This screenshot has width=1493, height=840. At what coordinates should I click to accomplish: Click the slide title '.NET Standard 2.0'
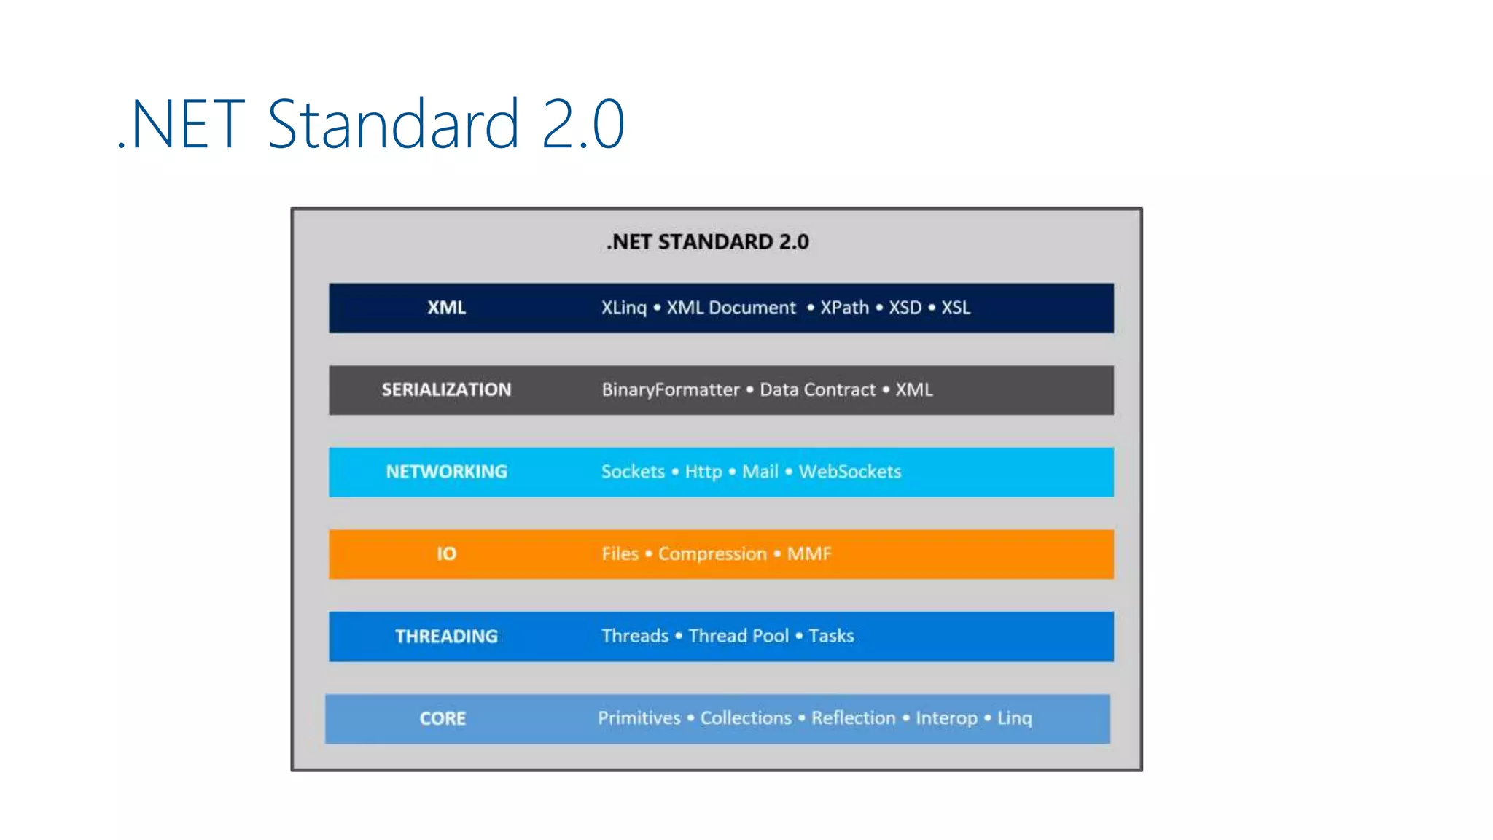(370, 124)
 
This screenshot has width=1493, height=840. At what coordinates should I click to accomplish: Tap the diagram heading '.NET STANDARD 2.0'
(707, 242)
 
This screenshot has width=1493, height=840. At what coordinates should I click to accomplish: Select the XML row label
(446, 308)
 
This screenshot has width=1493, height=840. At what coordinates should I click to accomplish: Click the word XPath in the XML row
(844, 308)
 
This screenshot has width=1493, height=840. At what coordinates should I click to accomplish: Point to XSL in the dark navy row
(955, 308)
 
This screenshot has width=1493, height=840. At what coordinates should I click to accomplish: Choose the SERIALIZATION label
(446, 390)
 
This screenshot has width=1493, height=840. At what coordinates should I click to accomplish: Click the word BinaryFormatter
(670, 390)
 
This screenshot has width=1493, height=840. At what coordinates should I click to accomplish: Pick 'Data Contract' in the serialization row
(817, 390)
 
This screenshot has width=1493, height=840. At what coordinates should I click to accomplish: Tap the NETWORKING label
(446, 472)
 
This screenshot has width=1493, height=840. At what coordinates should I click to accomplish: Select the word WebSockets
(850, 472)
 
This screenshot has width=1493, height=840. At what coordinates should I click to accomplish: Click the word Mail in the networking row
(760, 472)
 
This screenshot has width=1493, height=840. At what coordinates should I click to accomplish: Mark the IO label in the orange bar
(446, 554)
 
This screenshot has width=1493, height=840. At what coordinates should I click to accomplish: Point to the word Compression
(712, 554)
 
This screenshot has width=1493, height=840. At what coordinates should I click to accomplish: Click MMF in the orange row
(808, 554)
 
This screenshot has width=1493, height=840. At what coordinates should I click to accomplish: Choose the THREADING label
(446, 637)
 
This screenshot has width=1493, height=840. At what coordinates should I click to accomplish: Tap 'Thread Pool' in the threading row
(738, 636)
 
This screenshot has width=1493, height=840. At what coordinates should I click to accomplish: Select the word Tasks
(831, 636)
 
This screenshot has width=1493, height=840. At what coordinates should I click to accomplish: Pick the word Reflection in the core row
(853, 718)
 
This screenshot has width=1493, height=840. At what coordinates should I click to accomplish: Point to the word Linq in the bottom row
(1014, 718)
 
